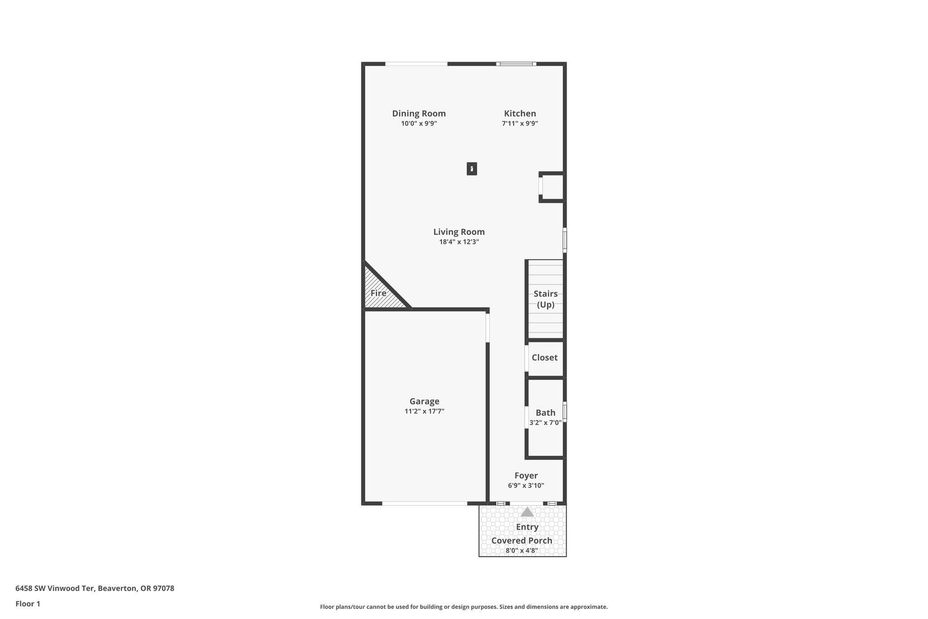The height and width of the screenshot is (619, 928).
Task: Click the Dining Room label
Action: [419, 113]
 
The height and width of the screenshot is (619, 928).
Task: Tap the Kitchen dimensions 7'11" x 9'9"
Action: [520, 123]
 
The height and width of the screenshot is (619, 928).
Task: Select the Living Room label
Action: [459, 232]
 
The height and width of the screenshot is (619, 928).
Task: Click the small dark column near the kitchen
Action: [472, 169]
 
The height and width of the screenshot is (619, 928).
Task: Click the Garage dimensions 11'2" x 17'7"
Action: [424, 411]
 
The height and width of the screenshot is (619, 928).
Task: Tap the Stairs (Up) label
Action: [546, 299]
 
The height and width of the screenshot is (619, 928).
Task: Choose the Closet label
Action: [544, 357]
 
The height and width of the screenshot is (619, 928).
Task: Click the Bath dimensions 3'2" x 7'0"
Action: [545, 423]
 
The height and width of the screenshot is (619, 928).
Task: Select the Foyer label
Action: [526, 475]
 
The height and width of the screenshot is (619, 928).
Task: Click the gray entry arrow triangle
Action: [527, 512]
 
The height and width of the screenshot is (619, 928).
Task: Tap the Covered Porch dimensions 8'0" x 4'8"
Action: [522, 551]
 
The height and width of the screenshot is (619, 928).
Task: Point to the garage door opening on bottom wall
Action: [425, 503]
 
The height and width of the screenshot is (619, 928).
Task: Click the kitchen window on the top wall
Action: [516, 64]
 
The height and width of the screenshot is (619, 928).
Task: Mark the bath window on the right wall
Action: [565, 412]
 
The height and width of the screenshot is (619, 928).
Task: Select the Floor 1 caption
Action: [28, 604]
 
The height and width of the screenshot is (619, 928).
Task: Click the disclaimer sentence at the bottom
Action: [464, 607]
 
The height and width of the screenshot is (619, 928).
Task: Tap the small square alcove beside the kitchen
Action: [552, 187]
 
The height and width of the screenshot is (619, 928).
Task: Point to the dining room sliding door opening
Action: [416, 64]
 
